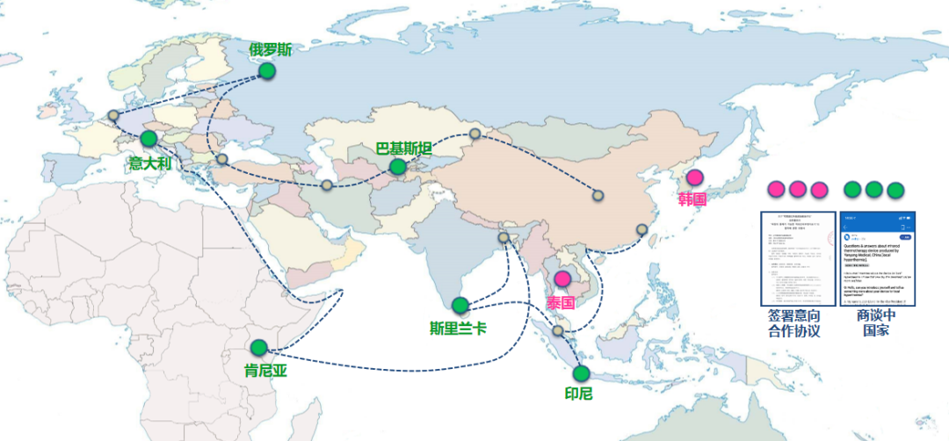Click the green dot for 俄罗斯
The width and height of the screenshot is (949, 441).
tap(267, 71)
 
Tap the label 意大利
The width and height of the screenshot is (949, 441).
tap(152, 163)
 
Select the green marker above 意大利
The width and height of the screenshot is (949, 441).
tap(149, 138)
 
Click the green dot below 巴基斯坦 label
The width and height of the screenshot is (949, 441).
tap(398, 166)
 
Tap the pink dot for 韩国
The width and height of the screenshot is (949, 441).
tap(694, 177)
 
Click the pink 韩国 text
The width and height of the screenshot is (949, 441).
tap(692, 199)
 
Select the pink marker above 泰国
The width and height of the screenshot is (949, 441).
tap(561, 282)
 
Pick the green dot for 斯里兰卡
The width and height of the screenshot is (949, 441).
tap(460, 305)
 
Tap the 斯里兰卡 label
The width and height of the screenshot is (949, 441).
tap(458, 328)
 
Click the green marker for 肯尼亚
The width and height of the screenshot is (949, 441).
tap(257, 348)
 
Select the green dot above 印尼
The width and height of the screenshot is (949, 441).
tap(581, 373)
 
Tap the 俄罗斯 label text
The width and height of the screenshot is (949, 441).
tap(270, 49)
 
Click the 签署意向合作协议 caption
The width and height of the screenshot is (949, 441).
tap(794, 322)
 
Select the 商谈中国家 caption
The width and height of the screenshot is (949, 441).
tap(876, 322)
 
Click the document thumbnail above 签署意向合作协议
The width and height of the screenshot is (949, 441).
tap(797, 259)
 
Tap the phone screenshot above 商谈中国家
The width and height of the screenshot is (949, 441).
tap(876, 259)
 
